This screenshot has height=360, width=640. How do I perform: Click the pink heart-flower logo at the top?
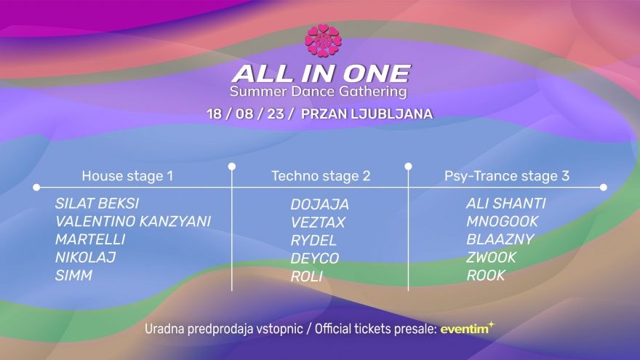point(323,41)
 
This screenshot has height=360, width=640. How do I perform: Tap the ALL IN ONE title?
point(321,73)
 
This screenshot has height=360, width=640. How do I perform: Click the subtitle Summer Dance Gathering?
point(319,91)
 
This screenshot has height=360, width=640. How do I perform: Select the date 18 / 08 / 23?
point(250,113)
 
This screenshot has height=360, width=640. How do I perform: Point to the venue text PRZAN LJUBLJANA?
point(367,113)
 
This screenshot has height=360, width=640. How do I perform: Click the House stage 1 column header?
point(127,176)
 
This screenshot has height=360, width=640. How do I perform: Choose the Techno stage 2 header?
point(321,176)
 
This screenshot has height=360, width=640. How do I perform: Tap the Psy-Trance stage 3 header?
point(506,176)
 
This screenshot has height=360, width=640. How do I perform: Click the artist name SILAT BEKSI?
point(97,203)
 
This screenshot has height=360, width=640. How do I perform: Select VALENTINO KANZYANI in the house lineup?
point(133,221)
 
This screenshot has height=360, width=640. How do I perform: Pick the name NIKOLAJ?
point(85,257)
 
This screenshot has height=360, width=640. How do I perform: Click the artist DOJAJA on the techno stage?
point(319,204)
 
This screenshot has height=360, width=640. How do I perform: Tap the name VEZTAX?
point(318,223)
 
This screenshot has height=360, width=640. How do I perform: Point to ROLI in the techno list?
point(306,276)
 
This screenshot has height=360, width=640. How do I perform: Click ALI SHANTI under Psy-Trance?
point(506,203)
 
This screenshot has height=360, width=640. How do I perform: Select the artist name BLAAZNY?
point(500,239)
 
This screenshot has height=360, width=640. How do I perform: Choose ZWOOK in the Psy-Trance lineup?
point(492,257)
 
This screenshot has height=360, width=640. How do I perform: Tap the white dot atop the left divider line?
point(232,167)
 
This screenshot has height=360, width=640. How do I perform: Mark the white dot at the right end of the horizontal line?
point(604,188)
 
